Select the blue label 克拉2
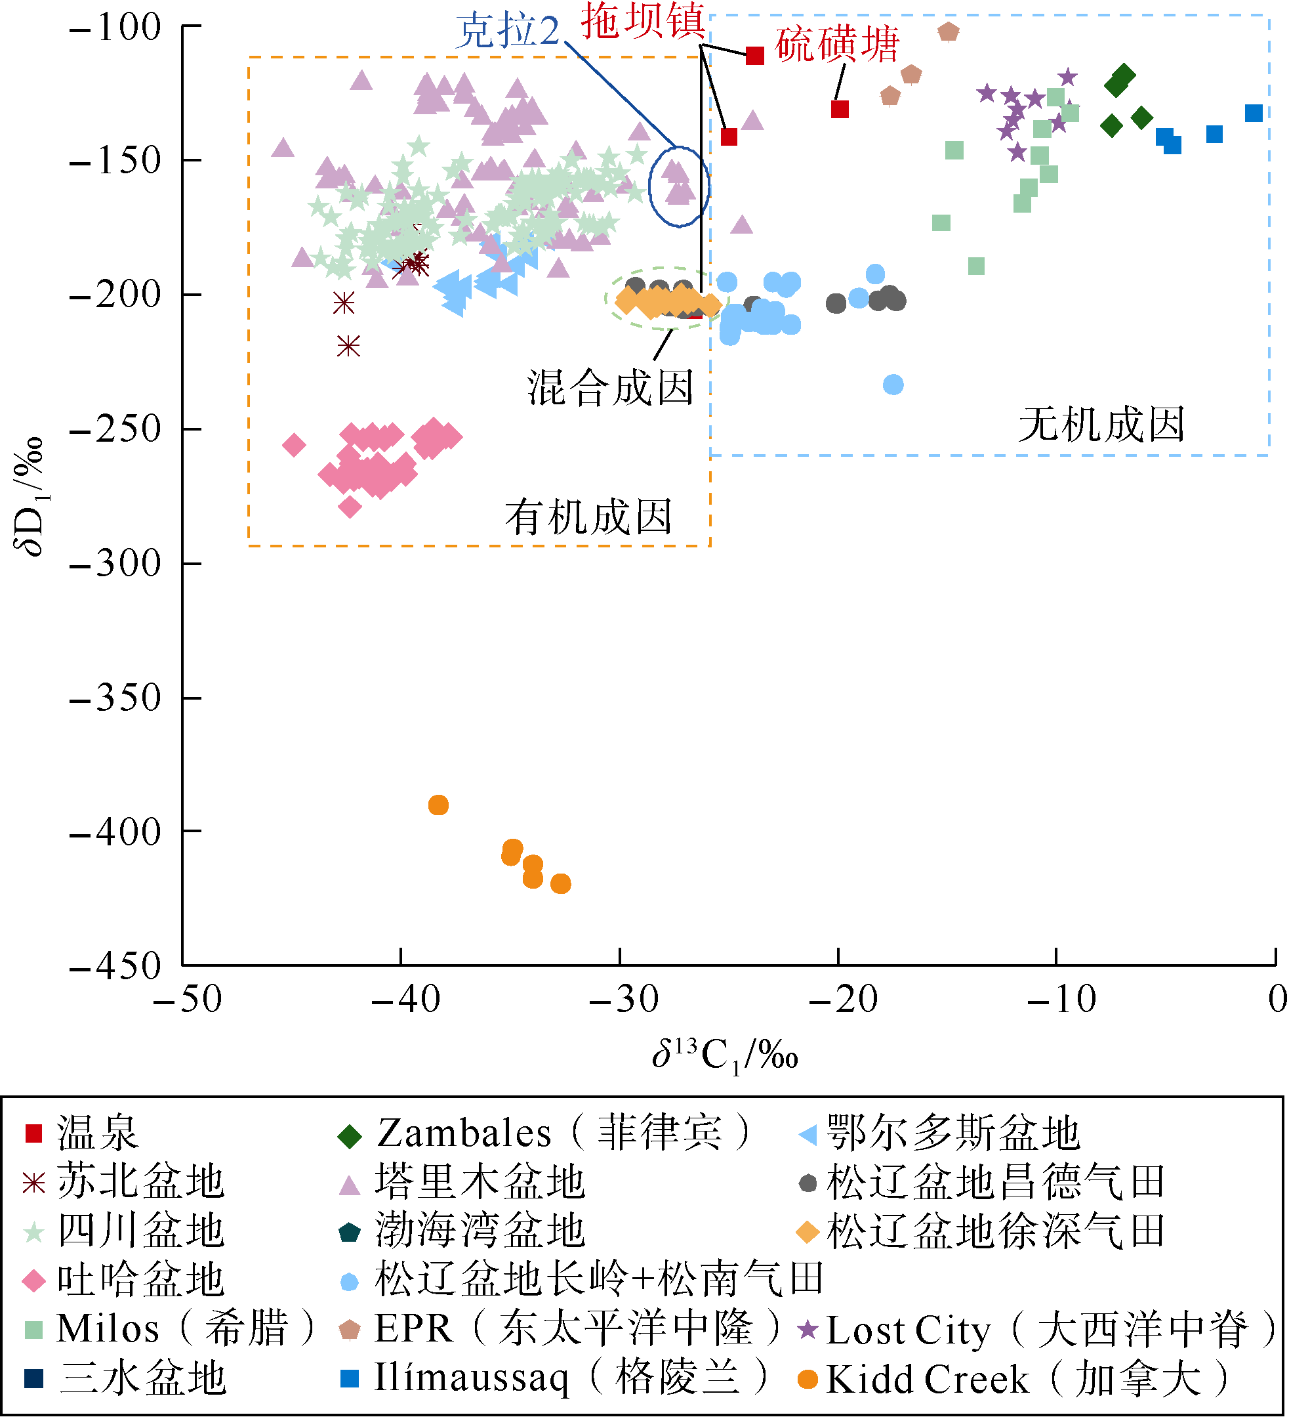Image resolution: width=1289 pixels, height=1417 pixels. point(508,32)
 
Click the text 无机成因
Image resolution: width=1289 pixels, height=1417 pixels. point(1101,425)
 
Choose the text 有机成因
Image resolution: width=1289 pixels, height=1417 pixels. point(588,517)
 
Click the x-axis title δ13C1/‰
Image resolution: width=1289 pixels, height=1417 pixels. point(725,1055)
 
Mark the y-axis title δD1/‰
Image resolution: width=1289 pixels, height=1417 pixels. point(30,496)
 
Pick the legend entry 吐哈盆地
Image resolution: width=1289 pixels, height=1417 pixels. point(140,1280)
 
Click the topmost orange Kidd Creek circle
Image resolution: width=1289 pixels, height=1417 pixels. point(438,805)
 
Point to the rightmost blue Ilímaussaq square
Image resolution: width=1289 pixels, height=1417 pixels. point(1254,113)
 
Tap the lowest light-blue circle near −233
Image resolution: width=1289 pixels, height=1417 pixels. point(893,385)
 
